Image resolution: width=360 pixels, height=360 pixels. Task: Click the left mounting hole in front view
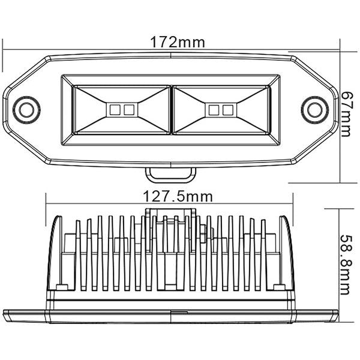(x=26, y=109)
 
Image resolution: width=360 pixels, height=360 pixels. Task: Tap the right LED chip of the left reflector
(x=128, y=110)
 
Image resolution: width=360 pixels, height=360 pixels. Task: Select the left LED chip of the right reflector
(x=213, y=110)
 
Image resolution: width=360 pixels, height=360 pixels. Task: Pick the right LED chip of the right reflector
(x=226, y=110)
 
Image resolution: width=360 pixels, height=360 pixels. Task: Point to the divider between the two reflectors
(x=171, y=109)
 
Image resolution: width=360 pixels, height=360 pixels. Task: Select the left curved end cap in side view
(x=56, y=252)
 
